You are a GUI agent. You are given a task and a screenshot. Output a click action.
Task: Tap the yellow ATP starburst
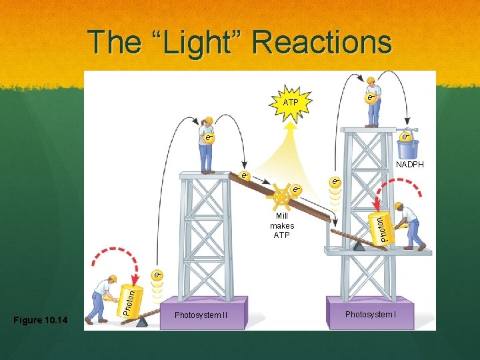click(291, 103)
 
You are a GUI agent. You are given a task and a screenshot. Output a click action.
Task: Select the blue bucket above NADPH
click(407, 146)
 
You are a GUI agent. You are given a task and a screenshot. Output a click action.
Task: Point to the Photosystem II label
click(197, 315)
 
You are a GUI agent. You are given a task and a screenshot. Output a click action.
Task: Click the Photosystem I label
click(371, 314)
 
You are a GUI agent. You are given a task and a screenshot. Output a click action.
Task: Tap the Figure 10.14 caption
click(41, 321)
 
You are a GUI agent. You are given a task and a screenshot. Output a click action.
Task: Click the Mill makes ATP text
click(282, 226)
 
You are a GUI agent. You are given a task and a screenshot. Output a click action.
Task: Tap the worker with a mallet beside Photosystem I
click(410, 226)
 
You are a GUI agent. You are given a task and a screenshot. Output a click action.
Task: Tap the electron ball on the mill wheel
click(295, 191)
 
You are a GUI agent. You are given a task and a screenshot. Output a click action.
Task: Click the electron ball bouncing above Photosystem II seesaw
click(157, 275)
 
